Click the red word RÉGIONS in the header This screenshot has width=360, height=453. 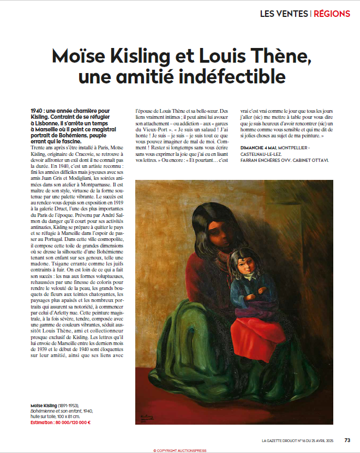(x=332, y=13)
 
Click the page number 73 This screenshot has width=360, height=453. (x=347, y=440)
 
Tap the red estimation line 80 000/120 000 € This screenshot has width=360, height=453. (x=61, y=422)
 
